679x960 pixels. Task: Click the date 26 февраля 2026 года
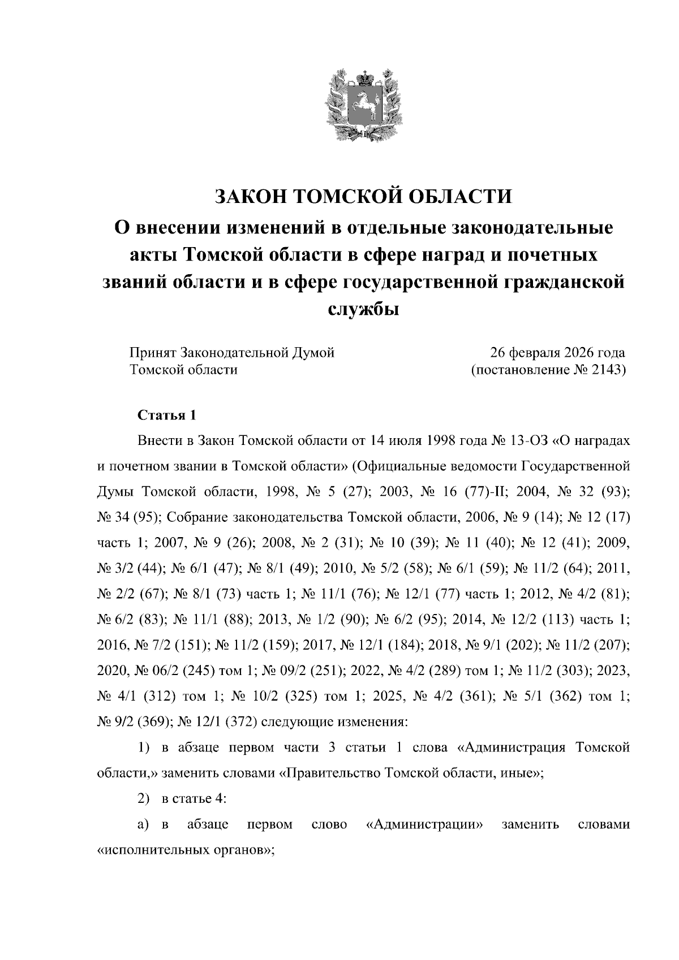coord(557,353)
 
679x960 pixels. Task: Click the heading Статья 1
coord(167,416)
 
